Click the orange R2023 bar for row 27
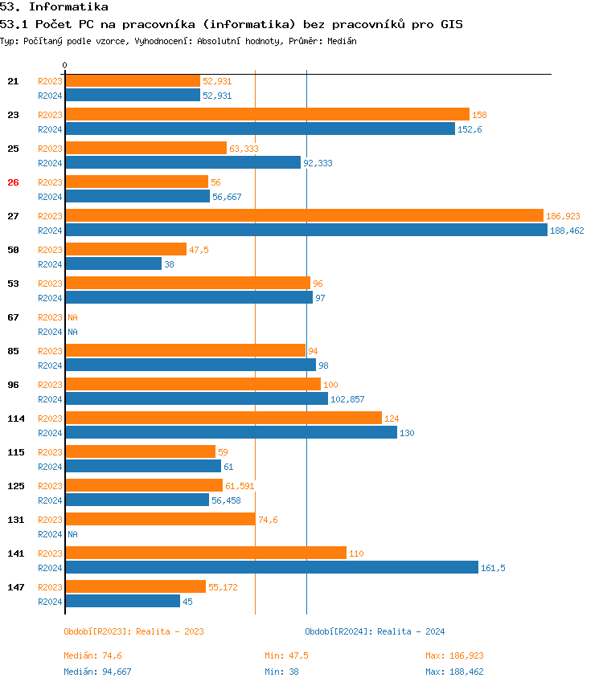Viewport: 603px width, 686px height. [x=304, y=215]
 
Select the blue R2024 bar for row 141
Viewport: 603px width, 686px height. [x=271, y=567]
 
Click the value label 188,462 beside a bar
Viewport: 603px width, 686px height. [x=567, y=231]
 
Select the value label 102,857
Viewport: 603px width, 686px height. [x=347, y=399]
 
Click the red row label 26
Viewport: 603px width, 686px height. [x=13, y=182]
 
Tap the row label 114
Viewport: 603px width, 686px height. [x=15, y=419]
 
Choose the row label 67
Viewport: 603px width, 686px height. [x=13, y=317]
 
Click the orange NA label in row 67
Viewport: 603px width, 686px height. [x=72, y=317]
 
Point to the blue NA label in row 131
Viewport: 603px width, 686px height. [x=72, y=534]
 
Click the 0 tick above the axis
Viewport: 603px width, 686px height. [x=65, y=65]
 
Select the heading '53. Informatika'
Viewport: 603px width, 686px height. [x=54, y=7]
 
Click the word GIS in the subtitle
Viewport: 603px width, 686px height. [x=451, y=25]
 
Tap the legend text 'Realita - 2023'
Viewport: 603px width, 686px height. [x=170, y=631]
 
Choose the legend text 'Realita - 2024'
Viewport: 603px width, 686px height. [x=411, y=631]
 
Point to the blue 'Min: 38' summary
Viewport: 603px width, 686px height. [x=281, y=672]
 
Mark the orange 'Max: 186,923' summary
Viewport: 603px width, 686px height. [x=454, y=655]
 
